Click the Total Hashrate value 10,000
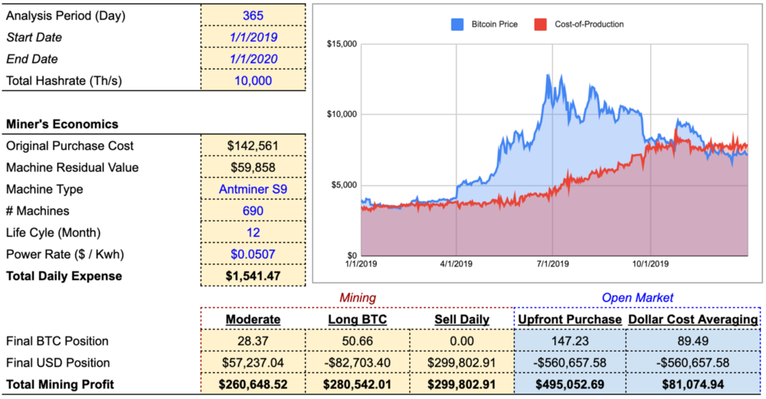tap(253, 80)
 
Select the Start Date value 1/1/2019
tap(253, 37)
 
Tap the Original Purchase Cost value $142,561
tap(253, 146)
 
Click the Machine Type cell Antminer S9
tap(253, 189)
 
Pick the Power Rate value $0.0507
tap(253, 254)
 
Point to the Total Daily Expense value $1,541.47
tap(253, 276)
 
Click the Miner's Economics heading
tap(62, 124)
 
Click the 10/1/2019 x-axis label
tap(650, 263)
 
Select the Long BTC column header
tap(357, 319)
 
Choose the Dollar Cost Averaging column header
tap(693, 319)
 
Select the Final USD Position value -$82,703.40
tap(357, 362)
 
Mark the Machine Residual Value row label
tap(60, 168)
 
